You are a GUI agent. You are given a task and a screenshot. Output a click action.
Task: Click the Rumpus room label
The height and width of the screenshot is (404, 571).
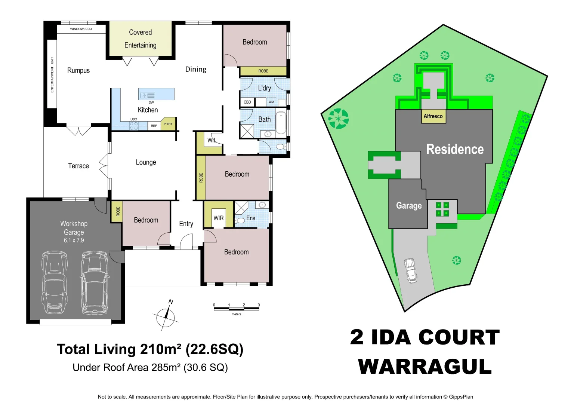tap(78, 70)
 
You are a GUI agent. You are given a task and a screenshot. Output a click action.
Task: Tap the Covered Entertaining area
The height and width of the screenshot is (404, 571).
tap(140, 39)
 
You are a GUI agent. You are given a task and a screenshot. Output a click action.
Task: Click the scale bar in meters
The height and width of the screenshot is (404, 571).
tap(236, 307)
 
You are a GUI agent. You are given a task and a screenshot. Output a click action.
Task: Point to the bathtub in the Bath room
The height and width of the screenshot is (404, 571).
tap(281, 123)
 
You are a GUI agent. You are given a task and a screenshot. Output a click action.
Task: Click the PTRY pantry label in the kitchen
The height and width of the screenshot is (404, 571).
tap(168, 124)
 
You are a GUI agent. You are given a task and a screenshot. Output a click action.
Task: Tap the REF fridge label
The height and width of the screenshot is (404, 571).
tap(154, 126)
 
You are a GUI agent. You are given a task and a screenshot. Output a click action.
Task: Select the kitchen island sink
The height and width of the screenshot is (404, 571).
tap(147, 95)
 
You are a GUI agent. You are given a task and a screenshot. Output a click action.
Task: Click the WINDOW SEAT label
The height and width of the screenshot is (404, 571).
tap(81, 29)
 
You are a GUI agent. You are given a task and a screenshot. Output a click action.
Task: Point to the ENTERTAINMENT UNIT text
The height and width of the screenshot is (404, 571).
tap(52, 75)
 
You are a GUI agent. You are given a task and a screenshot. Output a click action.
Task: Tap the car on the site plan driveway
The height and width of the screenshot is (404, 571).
tap(411, 270)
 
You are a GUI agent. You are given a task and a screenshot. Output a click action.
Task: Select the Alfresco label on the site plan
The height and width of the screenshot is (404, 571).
tap(433, 116)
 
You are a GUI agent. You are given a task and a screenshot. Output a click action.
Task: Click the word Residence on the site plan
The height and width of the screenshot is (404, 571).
tap(455, 149)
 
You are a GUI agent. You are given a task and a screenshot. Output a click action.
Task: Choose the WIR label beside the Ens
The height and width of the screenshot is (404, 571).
tap(219, 218)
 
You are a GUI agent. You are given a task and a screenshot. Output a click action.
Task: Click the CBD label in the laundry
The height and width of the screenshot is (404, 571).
tap(247, 102)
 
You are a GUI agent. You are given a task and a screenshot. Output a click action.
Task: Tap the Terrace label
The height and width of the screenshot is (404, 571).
tap(78, 166)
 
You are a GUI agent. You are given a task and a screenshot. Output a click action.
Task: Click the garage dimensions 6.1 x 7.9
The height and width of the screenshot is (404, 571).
tap(74, 241)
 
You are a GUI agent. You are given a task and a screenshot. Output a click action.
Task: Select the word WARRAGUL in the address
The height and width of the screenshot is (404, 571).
tap(425, 367)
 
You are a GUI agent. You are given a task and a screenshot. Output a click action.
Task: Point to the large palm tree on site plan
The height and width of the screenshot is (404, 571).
tap(339, 118)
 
